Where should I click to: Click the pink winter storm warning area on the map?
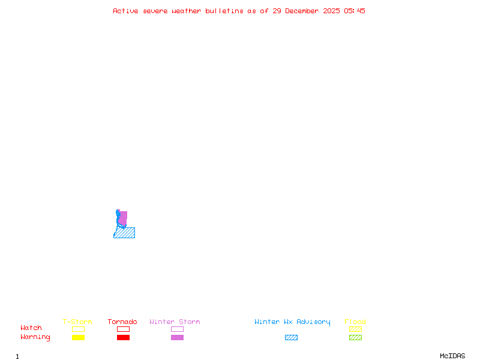tap(124, 218)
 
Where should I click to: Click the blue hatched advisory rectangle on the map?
tap(125, 233)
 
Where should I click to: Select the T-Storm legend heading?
tap(77, 322)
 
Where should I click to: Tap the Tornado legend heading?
tap(122, 322)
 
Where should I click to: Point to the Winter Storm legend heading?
tap(175, 322)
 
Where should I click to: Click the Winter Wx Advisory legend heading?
tap(292, 322)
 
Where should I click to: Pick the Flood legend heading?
tap(355, 322)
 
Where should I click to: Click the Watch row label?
tap(31, 328)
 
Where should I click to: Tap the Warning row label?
tap(35, 337)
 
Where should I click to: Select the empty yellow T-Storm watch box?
tap(78, 329)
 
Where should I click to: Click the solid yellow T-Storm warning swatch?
tap(78, 337)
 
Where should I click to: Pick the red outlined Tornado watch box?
tap(123, 329)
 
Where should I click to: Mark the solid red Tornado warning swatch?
tap(123, 337)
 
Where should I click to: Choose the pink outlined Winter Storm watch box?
tap(177, 329)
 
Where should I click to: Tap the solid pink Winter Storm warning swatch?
tap(177, 337)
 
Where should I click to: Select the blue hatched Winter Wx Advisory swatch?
tap(291, 337)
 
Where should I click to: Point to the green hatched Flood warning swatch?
tap(355, 337)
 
